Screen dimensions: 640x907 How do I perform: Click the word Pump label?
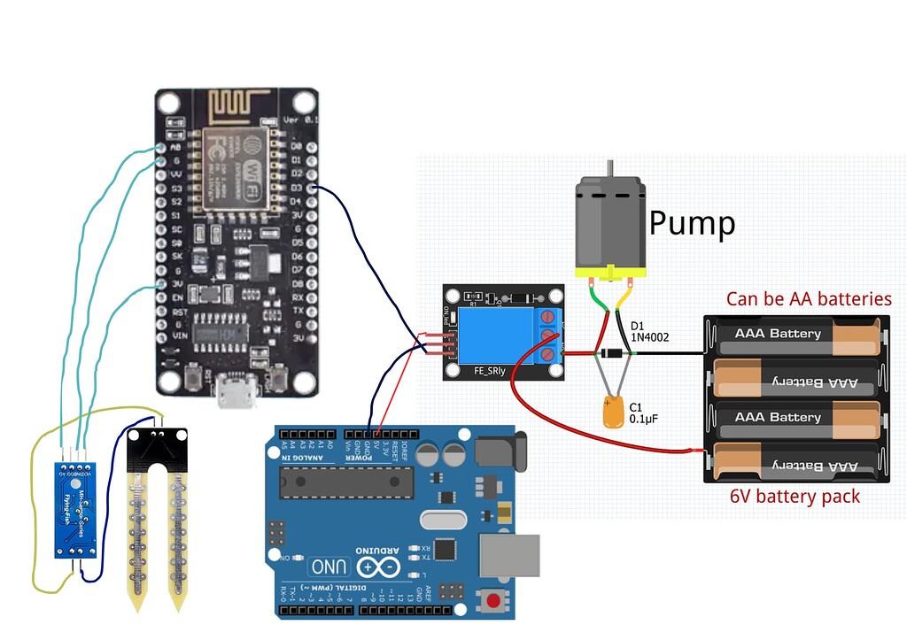click(692, 224)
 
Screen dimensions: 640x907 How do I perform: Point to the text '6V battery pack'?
click(795, 497)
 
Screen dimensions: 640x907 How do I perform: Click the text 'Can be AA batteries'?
click(809, 299)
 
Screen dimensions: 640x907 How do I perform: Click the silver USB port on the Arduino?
click(509, 556)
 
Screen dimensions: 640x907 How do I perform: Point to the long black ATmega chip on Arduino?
click(346, 481)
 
